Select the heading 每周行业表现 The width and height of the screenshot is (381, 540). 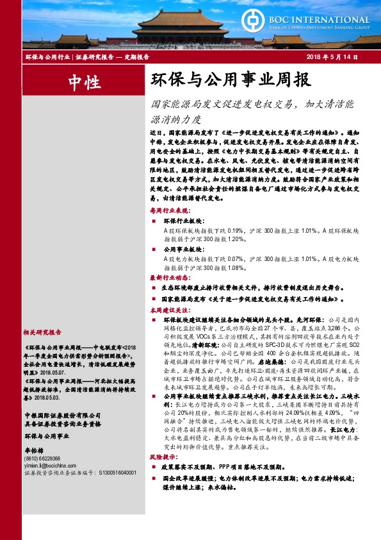pyautogui.click(x=170, y=210)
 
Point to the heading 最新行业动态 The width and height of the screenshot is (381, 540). pyautogui.click(x=170, y=278)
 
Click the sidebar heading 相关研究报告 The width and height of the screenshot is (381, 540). pyautogui.click(x=42, y=333)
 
